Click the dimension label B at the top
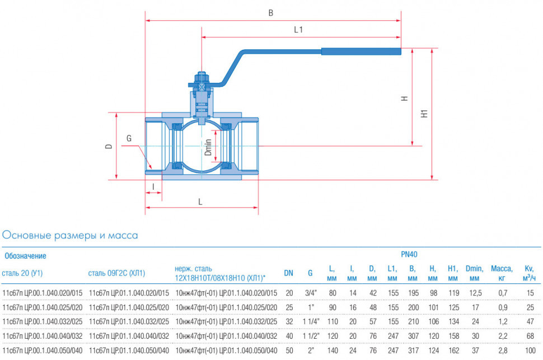[x=271, y=13]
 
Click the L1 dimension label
[x=298, y=30]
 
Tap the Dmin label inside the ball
[x=208, y=147]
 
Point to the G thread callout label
[x=129, y=139]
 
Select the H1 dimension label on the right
[x=424, y=114]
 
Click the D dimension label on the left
[x=109, y=147]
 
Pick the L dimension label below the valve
[x=200, y=202]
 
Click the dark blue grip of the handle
[x=361, y=52]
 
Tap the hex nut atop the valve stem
[x=202, y=76]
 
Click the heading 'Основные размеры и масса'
[x=70, y=235]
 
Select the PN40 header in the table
[x=409, y=254]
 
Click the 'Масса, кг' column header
[x=502, y=273]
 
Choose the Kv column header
[x=529, y=273]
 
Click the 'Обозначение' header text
[x=25, y=256]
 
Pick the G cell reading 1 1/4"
[x=311, y=321]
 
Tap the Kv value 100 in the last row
[x=530, y=350]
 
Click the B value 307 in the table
[x=414, y=336]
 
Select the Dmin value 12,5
[x=475, y=293]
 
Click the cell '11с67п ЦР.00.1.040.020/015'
[x=42, y=293]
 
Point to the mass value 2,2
[x=503, y=336]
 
